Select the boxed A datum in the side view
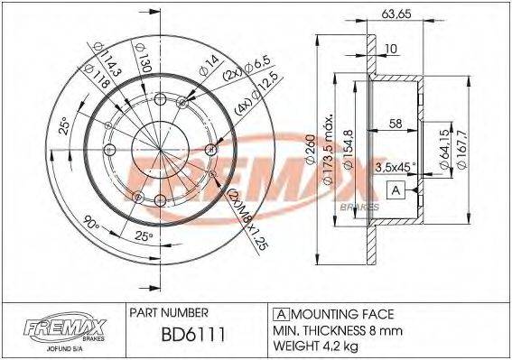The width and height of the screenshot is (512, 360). [x=395, y=189]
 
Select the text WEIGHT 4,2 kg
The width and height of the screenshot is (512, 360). [x=321, y=345]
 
